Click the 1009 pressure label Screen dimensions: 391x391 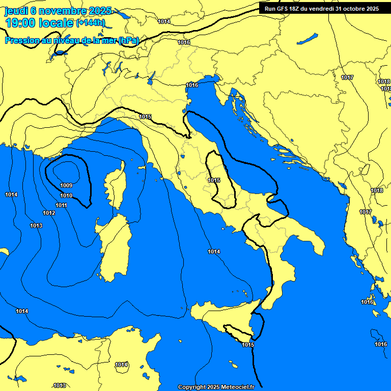(x=66, y=185)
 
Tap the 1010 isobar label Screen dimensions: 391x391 (x=66, y=195)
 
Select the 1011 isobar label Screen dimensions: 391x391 (x=62, y=205)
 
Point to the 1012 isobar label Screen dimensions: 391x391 (x=49, y=213)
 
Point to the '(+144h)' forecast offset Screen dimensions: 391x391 (x=90, y=23)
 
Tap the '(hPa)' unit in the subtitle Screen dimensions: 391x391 (x=128, y=41)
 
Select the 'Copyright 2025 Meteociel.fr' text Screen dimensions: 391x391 (x=216, y=387)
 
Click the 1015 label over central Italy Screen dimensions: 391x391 (x=214, y=180)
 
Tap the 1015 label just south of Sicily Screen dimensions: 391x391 (x=248, y=345)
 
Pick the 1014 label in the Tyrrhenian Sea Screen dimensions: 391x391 (x=214, y=252)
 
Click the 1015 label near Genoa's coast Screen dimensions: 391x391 (x=146, y=117)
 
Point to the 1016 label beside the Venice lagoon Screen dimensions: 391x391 (x=192, y=85)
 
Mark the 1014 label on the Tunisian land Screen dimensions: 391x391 (x=121, y=365)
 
